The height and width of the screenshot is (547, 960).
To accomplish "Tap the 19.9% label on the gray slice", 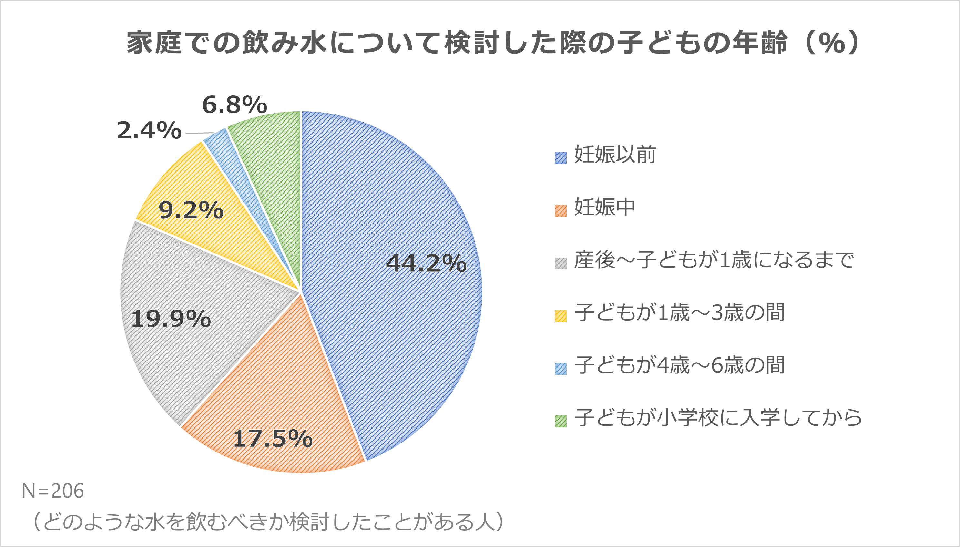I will (x=171, y=319).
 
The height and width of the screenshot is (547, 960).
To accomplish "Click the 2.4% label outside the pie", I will (x=149, y=131).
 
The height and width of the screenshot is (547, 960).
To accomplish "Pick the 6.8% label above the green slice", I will (x=234, y=104).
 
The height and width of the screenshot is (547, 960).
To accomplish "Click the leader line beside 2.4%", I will (x=199, y=133).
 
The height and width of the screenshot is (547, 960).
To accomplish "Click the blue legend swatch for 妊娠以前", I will (x=561, y=158).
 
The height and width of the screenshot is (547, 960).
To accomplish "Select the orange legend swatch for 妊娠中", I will (x=561, y=211).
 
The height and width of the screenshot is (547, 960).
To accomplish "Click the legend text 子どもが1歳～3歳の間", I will (x=680, y=312).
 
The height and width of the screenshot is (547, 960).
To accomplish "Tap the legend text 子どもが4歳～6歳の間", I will (x=680, y=365).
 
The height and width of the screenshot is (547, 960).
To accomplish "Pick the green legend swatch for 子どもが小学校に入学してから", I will (x=561, y=421).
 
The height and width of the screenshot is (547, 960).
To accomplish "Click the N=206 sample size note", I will (x=53, y=491).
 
